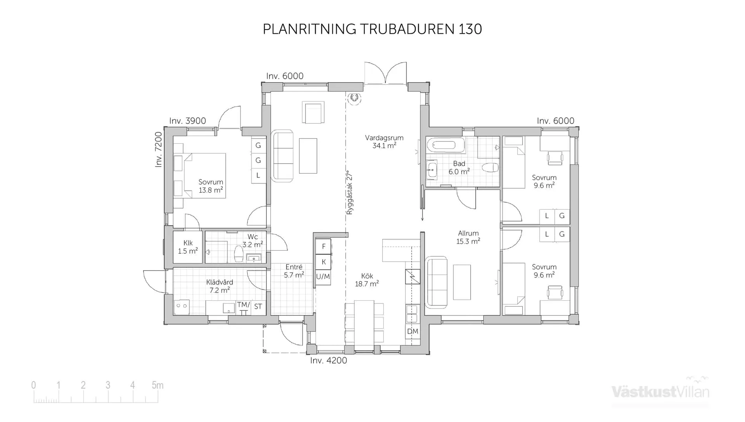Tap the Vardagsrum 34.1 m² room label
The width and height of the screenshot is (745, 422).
(384, 142)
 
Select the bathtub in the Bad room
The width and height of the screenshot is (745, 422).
(445, 145)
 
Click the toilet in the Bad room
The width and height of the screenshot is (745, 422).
(490, 167)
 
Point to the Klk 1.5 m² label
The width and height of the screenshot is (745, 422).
(188, 247)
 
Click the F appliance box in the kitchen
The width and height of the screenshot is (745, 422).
(323, 246)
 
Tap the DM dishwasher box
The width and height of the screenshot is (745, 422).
(412, 331)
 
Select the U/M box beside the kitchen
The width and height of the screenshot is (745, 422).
(323, 277)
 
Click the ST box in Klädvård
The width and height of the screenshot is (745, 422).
(258, 307)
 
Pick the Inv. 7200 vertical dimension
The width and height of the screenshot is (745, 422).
(158, 150)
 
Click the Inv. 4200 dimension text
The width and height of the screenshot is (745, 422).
(328, 360)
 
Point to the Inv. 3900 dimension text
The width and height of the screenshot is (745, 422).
(187, 121)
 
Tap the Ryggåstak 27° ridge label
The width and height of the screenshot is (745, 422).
(350, 193)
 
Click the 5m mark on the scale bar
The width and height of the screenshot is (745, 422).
(157, 385)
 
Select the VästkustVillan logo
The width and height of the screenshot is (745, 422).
(660, 391)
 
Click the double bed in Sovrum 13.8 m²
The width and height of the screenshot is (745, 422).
(204, 176)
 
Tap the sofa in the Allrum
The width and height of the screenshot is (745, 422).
(437, 282)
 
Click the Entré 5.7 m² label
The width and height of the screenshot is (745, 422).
(294, 271)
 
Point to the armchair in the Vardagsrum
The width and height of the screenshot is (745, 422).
(313, 112)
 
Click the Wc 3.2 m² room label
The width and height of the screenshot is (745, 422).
(253, 241)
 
